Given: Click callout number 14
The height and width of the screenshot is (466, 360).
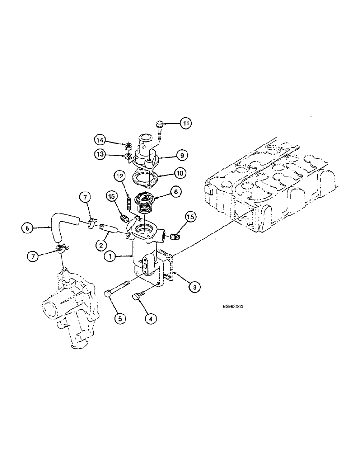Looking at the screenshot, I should pos(101,140).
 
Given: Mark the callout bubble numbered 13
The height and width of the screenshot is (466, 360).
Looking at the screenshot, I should pos(101,155).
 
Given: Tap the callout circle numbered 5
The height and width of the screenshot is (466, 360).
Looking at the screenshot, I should pos(120,319).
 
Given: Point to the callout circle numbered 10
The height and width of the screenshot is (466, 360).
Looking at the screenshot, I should pos(180,173).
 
